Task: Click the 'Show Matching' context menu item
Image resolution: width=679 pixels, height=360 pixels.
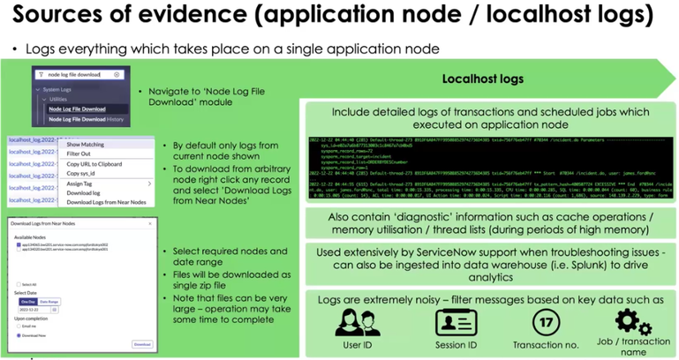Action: coord(86,144)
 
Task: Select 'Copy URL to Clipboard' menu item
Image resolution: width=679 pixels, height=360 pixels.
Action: coord(94,164)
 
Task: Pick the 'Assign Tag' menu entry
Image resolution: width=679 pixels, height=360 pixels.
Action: coord(81,184)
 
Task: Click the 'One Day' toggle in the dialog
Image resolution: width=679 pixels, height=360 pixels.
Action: coord(26,301)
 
